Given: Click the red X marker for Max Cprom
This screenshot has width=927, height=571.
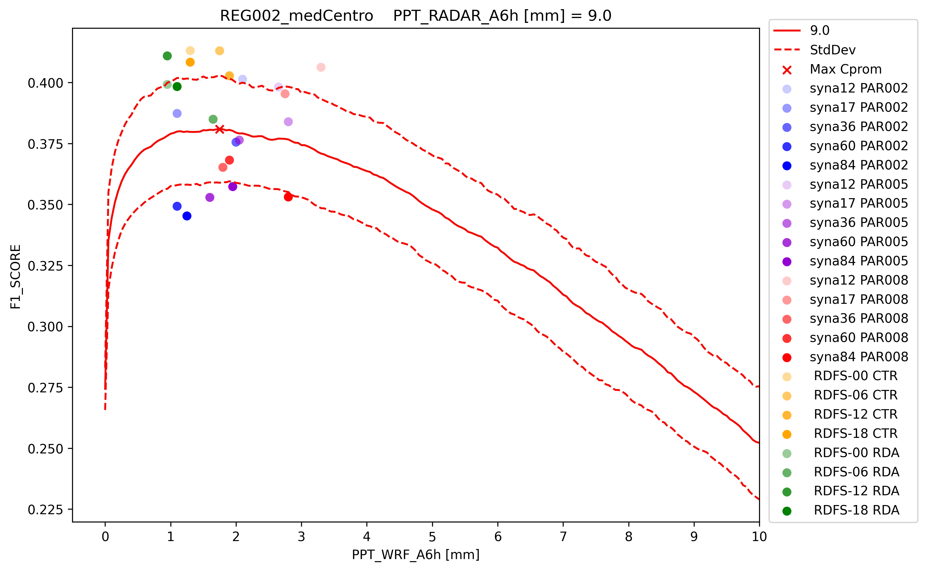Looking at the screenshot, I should click(x=219, y=129).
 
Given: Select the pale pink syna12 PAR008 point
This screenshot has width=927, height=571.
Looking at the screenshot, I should click(x=321, y=67).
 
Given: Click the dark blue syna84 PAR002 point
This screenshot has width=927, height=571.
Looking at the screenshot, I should click(x=187, y=216).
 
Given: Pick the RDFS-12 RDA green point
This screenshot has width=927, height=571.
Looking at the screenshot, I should click(x=167, y=56).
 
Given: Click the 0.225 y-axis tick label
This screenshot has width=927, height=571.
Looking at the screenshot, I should click(x=45, y=510).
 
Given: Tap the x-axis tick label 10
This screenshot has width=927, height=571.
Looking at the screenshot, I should click(x=759, y=536).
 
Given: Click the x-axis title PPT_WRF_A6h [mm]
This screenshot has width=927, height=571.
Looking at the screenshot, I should click(x=415, y=555).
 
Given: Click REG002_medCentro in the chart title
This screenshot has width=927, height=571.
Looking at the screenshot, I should click(x=296, y=16).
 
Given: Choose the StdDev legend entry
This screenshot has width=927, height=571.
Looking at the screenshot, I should click(x=833, y=50).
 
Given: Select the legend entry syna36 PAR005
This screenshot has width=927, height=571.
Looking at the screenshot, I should click(x=858, y=222).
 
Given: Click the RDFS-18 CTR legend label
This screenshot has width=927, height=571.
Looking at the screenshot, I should click(x=855, y=434).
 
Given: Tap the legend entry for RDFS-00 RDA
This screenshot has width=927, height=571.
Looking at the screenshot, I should click(x=856, y=453).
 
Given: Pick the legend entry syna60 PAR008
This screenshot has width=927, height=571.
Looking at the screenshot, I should click(x=858, y=338).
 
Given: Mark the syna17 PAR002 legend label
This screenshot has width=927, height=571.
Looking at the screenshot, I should click(x=858, y=107).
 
